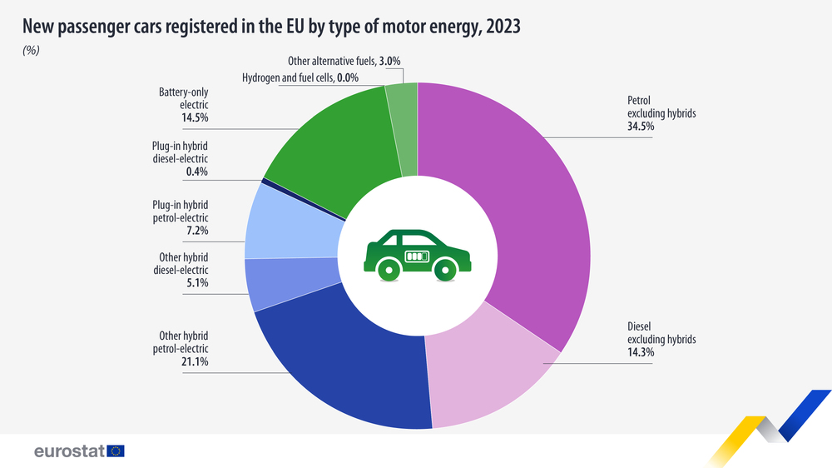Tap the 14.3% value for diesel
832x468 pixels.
[641, 352]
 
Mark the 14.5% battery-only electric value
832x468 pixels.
[194, 118]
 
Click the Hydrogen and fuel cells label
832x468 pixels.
[288, 77]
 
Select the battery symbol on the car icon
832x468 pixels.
[417, 256]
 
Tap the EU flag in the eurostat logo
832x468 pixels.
[115, 451]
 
